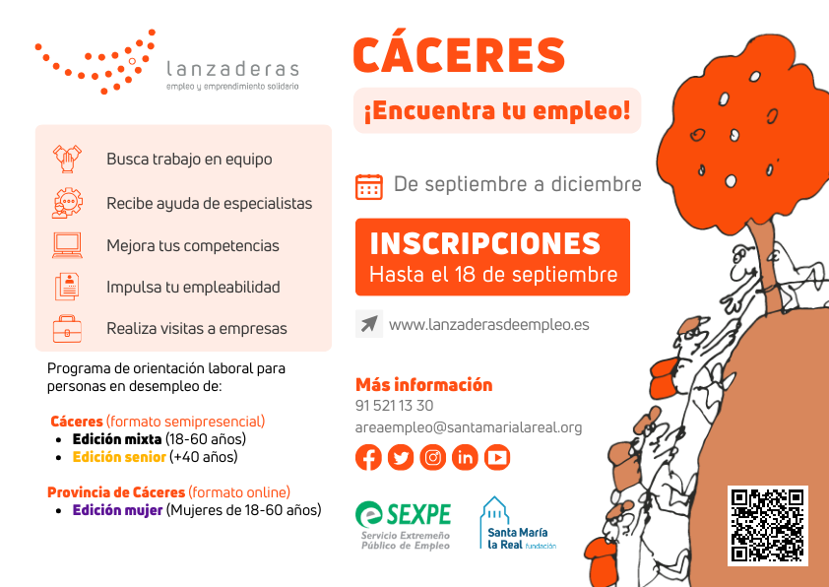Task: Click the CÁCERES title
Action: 459,55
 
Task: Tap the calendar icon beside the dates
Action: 369,186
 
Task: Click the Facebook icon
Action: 369,457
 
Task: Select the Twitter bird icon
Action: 401,457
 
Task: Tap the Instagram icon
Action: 433,457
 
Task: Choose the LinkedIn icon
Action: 465,457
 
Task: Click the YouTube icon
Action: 497,457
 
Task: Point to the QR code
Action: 767,525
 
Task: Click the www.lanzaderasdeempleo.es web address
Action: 488,324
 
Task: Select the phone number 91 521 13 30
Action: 394,406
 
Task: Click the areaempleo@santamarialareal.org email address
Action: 469,427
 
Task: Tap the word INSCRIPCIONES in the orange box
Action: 484,243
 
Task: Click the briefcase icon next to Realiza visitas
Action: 67,328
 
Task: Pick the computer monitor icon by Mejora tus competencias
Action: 67,244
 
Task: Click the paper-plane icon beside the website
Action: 369,324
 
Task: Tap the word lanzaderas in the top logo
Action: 232,69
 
